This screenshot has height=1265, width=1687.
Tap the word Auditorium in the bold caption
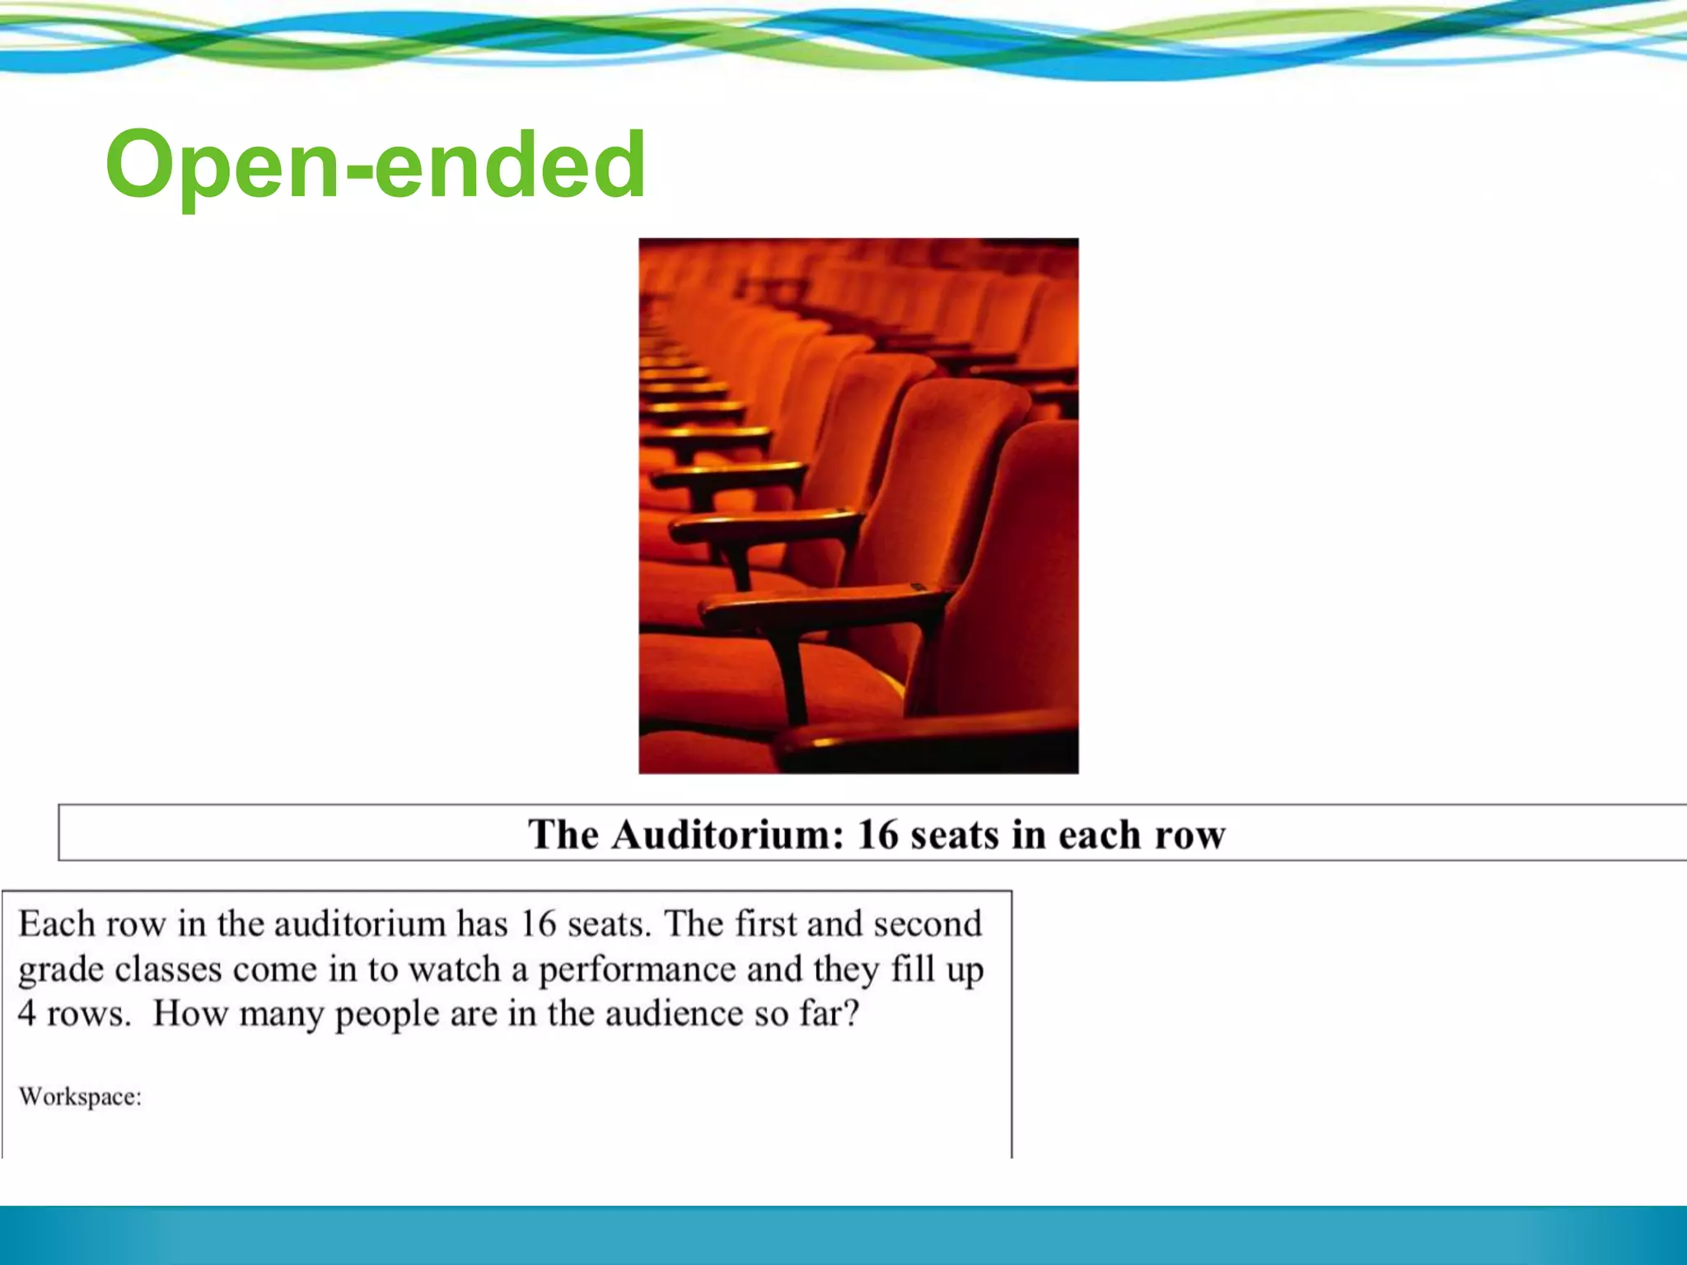tap(728, 834)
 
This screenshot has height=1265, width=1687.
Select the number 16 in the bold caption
tap(878, 834)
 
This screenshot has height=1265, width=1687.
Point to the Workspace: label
tap(80, 1097)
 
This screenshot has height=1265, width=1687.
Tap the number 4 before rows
tap(27, 1014)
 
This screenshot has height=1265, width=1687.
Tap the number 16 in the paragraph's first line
tap(538, 924)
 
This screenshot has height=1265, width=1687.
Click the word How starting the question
tap(190, 1014)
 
